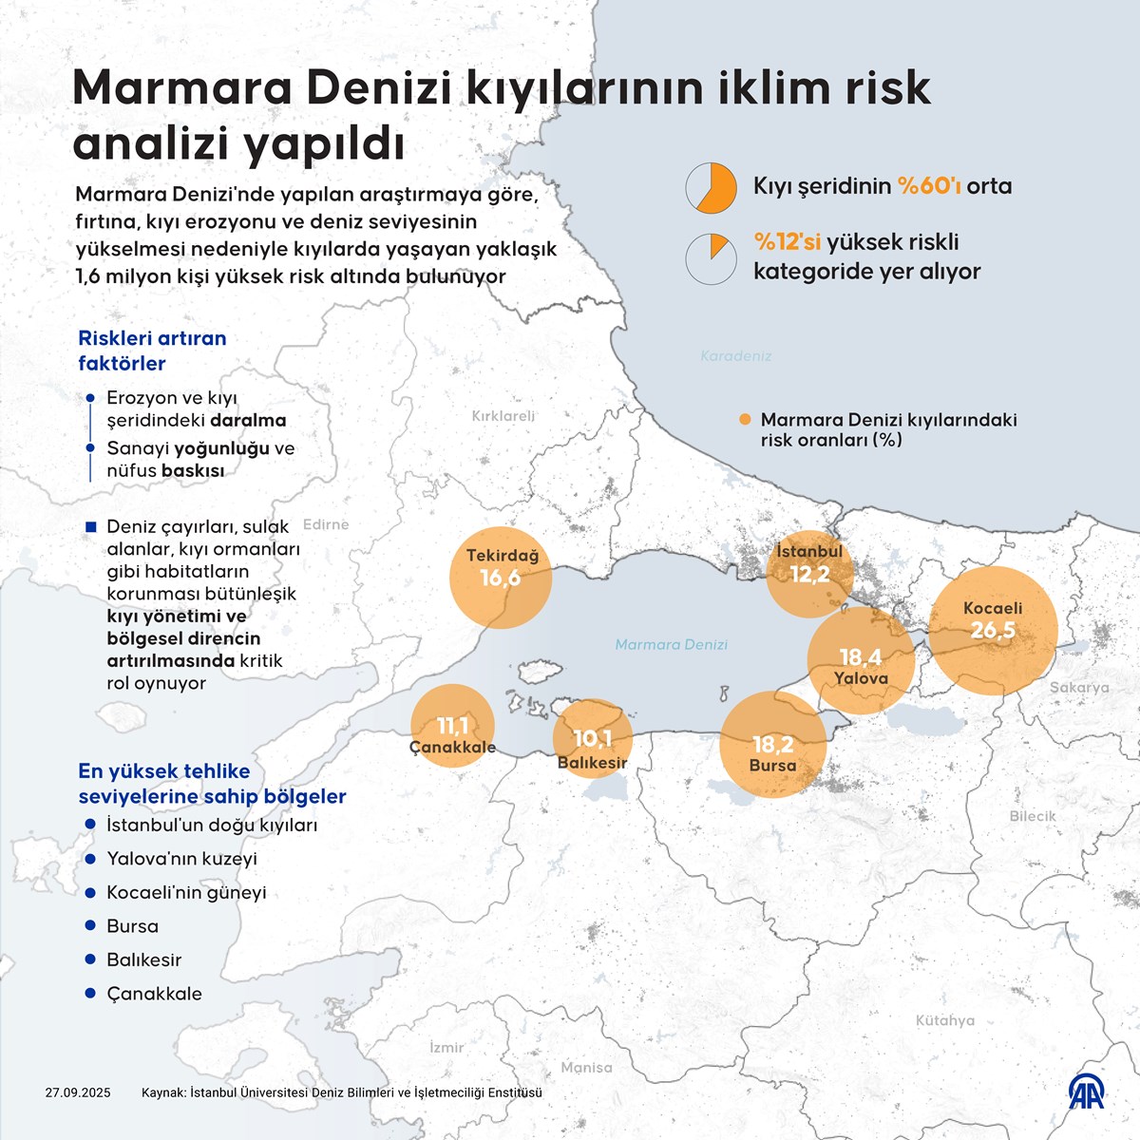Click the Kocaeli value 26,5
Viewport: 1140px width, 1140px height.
(993, 631)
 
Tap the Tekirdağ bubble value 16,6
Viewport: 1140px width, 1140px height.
(500, 579)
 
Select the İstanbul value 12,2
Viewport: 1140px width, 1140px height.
(809, 575)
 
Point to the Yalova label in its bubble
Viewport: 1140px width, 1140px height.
(861, 678)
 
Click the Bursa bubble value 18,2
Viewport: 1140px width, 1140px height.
(772, 745)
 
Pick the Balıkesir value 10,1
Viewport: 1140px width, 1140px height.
(592, 738)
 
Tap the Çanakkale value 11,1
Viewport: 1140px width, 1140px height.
(452, 727)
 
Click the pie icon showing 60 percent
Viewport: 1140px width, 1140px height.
(712, 186)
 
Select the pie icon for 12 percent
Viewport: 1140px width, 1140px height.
(712, 258)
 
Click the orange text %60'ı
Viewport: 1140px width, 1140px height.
(929, 186)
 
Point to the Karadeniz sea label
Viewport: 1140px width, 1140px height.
(736, 356)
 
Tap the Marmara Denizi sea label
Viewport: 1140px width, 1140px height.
(671, 645)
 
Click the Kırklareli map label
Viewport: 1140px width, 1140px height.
(503, 416)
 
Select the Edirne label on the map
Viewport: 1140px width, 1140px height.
(326, 524)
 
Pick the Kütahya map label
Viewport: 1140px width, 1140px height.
(944, 1020)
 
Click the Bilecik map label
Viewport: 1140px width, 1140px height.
(1033, 816)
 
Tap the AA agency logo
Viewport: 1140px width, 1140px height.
(1088, 1092)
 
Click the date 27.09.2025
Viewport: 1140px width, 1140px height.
(78, 1092)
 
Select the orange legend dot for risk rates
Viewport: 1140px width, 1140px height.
(745, 419)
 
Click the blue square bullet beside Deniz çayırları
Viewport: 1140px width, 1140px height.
(91, 527)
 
